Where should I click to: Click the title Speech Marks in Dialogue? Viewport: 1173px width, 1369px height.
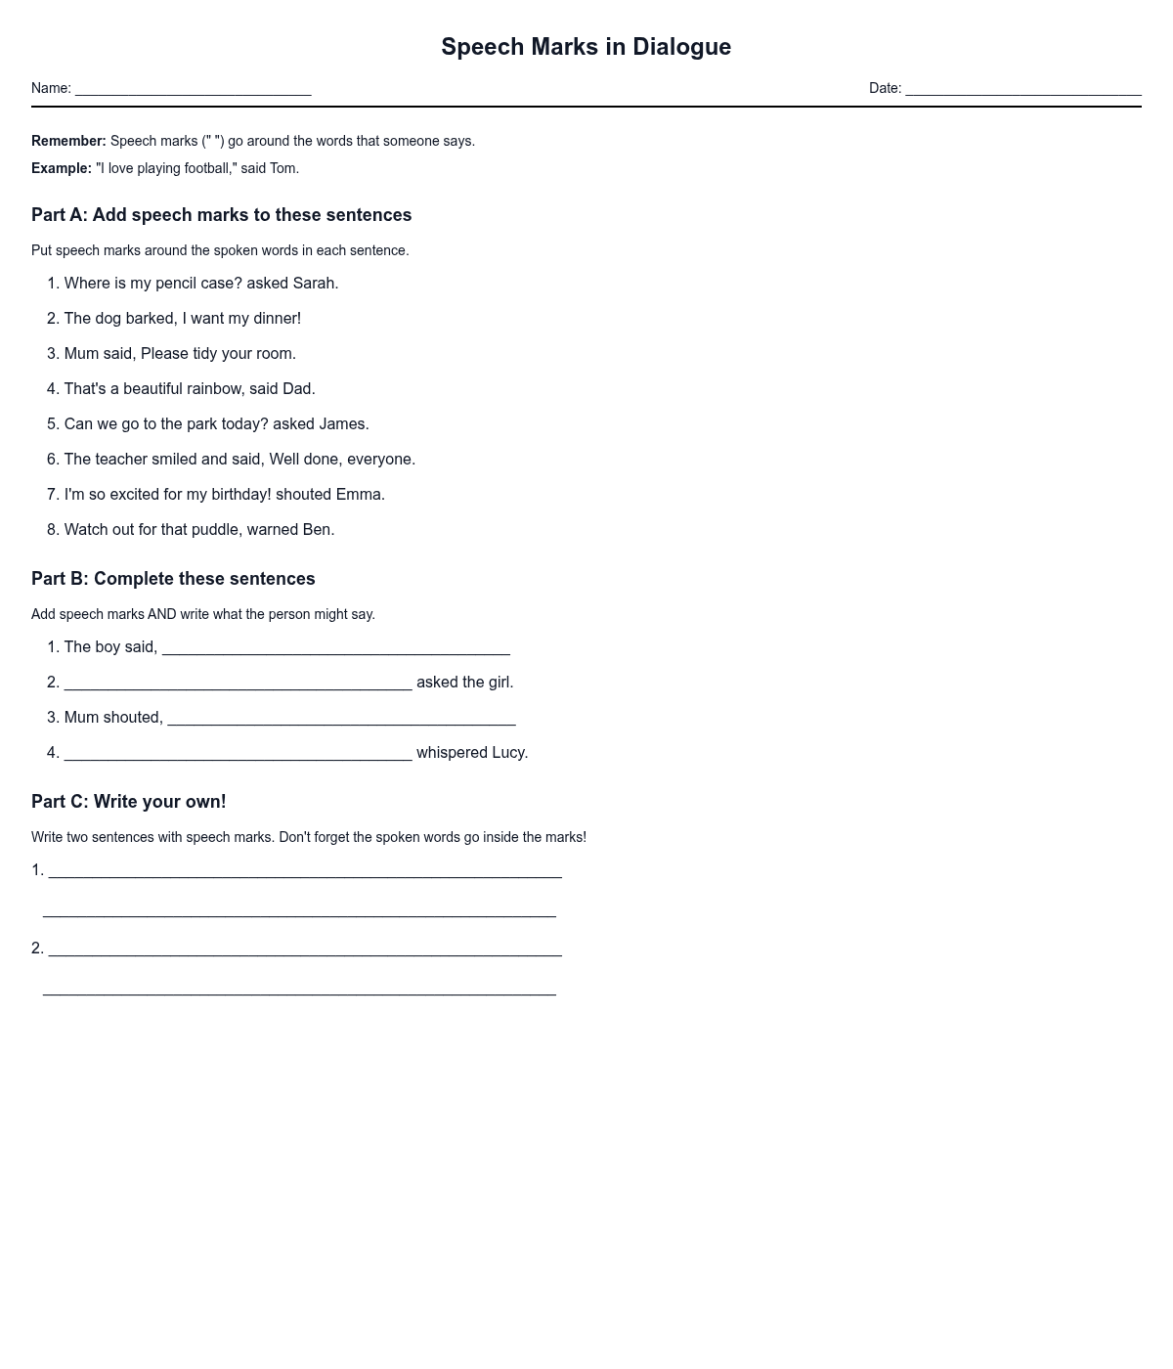586,47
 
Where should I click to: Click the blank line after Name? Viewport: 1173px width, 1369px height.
193,90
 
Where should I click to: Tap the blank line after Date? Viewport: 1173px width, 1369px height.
1022,90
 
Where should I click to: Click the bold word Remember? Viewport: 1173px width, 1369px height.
67,141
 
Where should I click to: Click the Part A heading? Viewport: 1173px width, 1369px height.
221,215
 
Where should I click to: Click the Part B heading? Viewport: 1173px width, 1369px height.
173,579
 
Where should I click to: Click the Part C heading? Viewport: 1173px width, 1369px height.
128,802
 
